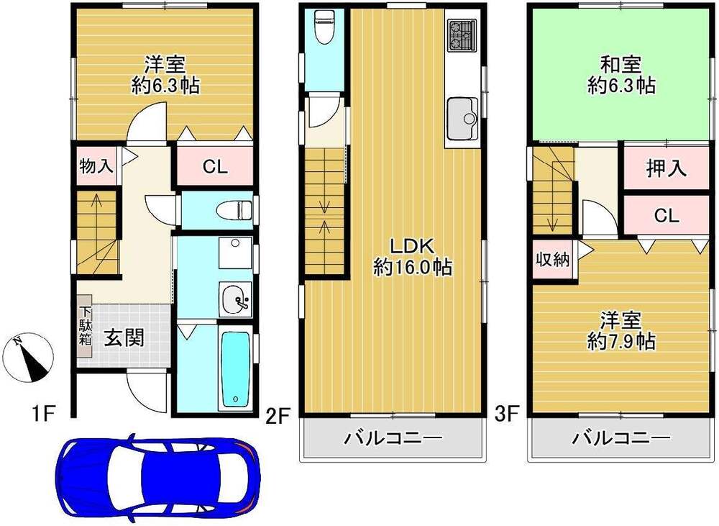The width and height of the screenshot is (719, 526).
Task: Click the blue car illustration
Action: pyautogui.click(x=157, y=476)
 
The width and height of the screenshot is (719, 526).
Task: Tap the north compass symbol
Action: pyautogui.click(x=28, y=357)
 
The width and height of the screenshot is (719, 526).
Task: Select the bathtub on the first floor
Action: pyautogui.click(x=235, y=369)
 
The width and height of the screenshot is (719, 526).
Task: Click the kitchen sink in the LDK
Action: pyautogui.click(x=462, y=118)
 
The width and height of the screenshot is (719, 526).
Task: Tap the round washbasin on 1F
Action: pyautogui.click(x=235, y=299)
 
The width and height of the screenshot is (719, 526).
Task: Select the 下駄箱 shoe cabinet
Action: pyautogui.click(x=86, y=326)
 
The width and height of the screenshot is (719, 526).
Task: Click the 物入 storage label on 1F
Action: pyautogui.click(x=96, y=165)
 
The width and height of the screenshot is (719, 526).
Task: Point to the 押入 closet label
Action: pyautogui.click(x=667, y=168)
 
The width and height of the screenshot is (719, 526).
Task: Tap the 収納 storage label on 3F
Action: pyautogui.click(x=552, y=260)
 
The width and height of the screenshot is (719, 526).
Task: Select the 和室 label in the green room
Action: pyautogui.click(x=621, y=65)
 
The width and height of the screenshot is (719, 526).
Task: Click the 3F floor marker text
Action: pyautogui.click(x=507, y=415)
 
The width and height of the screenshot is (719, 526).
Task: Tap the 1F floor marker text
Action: pyautogui.click(x=44, y=415)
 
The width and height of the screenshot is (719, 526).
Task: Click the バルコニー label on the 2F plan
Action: pyautogui.click(x=393, y=438)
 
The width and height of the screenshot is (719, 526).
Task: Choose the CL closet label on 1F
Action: pyautogui.click(x=216, y=167)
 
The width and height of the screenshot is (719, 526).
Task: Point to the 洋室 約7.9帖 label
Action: pyautogui.click(x=621, y=331)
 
